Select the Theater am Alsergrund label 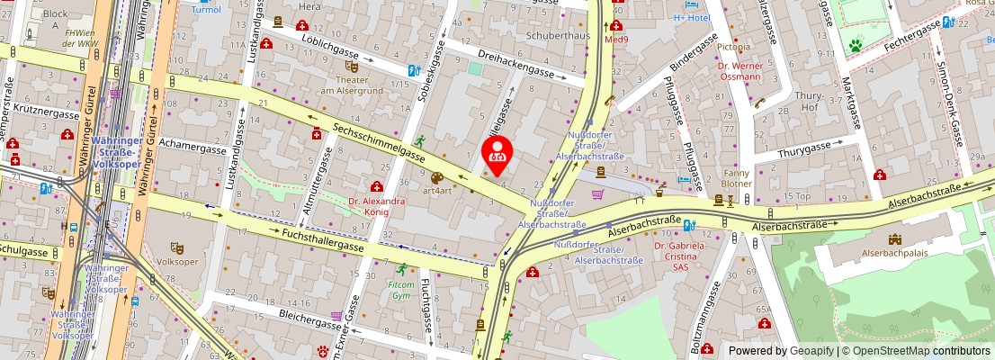(352, 85)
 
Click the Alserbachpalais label (894, 254)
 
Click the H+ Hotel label (693, 17)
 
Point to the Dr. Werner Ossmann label (740, 71)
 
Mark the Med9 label (616, 40)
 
